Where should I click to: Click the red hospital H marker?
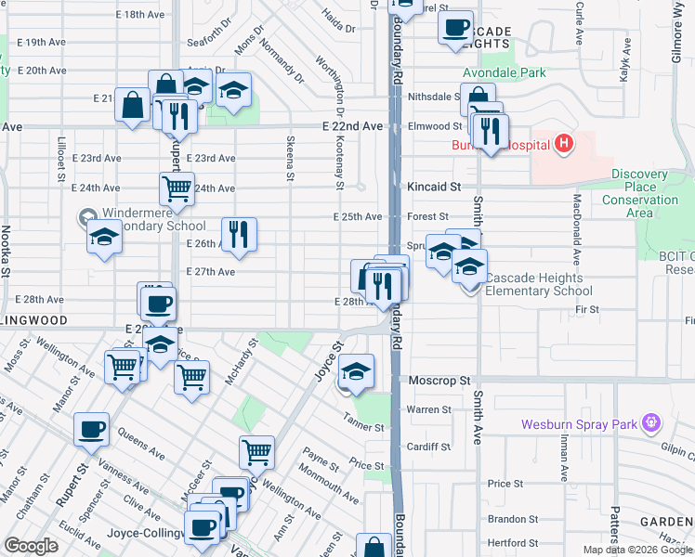562,144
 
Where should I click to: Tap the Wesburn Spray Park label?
578,425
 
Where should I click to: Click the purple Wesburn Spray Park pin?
652,423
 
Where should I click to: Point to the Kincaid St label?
434,187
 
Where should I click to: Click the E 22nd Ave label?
353,125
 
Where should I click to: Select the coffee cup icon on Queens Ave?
92,429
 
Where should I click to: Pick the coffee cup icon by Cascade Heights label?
455,28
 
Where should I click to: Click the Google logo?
31,545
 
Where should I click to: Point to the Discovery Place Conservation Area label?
640,193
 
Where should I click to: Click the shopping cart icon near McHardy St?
190,377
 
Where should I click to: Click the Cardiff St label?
428,445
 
